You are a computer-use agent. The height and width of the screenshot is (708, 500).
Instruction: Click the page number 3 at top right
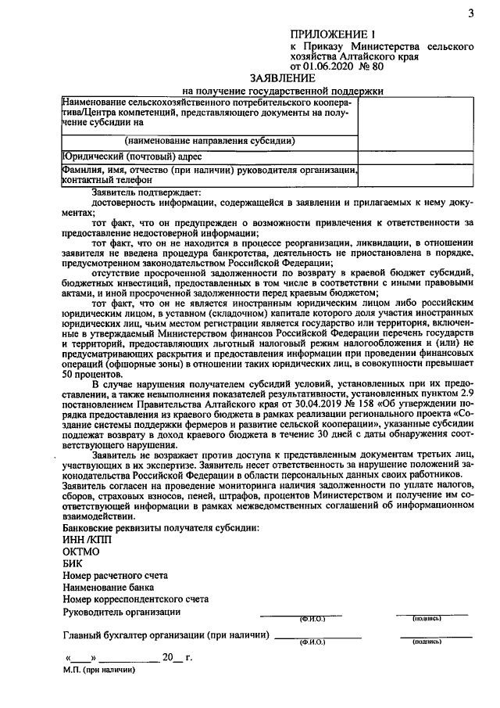point(470,12)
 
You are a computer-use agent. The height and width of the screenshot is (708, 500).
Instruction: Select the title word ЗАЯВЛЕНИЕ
point(283,78)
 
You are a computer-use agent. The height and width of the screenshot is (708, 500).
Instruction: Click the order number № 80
point(374,67)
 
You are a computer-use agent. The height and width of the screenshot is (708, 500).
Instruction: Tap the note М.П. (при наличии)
point(99,670)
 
